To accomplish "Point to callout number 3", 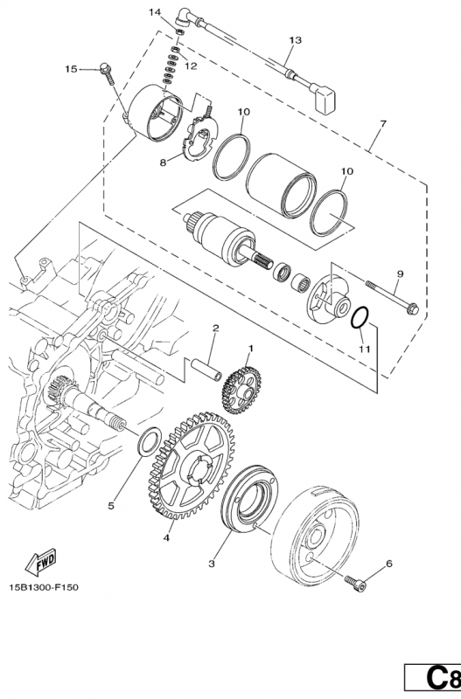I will [x=211, y=564].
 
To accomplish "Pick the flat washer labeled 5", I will [x=150, y=435].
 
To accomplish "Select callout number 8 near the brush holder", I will [x=162, y=162].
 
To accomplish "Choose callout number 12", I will [x=190, y=66].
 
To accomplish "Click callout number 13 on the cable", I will [x=295, y=40].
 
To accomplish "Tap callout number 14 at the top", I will [x=155, y=12].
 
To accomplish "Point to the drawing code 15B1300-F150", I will [x=45, y=586].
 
